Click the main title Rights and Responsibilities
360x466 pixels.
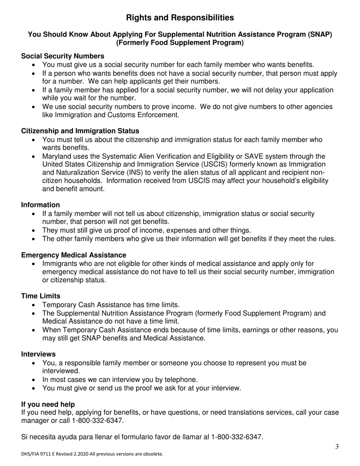click(180, 18)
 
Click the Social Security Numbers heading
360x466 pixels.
click(63, 56)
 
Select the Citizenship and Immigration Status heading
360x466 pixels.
click(80, 131)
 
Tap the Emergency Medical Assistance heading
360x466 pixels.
click(74, 255)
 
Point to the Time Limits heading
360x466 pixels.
click(41, 296)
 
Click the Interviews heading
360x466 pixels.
click(38, 354)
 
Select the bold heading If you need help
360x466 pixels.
click(48, 405)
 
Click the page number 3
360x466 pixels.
click(337, 447)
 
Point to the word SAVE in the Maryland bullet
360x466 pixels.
click(239, 156)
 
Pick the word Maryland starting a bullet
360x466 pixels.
click(56, 156)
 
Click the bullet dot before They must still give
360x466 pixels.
click(35, 231)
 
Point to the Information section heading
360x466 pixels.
click(41, 205)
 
